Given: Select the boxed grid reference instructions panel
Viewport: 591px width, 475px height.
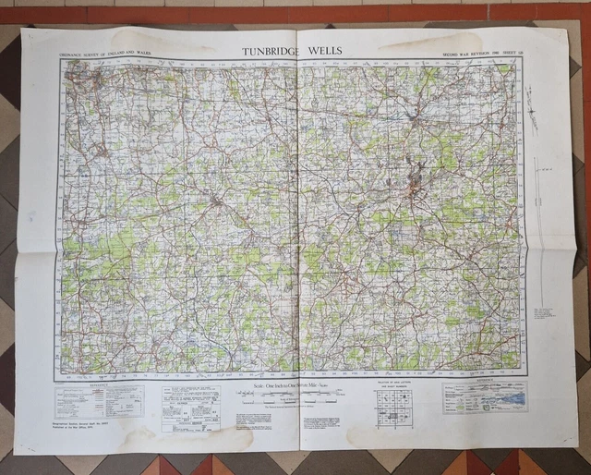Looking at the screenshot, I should click(x=191, y=408).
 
